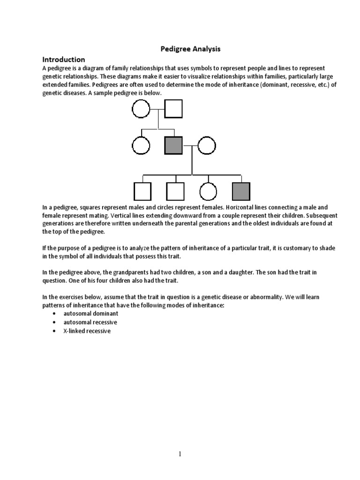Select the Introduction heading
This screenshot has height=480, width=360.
64,60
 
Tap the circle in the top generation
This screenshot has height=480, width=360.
141,110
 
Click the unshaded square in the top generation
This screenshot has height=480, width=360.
173,110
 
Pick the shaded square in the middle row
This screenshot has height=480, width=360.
173,146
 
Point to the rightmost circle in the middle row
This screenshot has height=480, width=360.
206,146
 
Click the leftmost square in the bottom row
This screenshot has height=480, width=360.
142,191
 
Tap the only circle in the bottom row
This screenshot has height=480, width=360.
208,191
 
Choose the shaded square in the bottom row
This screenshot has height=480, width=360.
241,191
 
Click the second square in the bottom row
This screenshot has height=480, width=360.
175,191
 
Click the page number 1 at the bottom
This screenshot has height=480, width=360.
180,454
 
